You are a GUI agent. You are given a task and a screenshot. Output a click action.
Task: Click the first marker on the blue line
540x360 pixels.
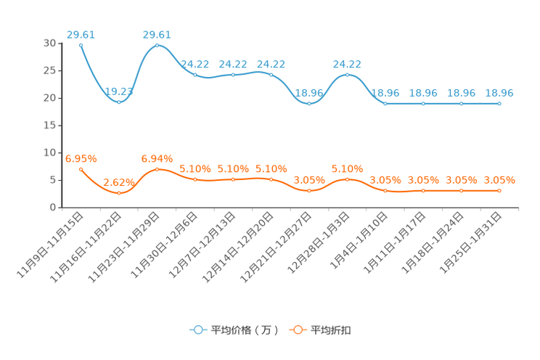point(81,45)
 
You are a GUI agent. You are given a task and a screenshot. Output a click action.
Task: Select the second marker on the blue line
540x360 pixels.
point(119,102)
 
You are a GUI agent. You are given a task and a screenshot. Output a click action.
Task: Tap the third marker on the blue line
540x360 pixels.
point(157,46)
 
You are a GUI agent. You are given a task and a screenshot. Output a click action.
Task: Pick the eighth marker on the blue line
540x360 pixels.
point(348,75)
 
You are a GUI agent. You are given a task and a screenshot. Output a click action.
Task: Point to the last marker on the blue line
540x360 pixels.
point(499,105)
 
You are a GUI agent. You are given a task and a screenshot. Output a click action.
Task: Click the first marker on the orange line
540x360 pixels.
point(81,168)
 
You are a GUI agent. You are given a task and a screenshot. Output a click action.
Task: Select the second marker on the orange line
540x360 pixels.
point(119,193)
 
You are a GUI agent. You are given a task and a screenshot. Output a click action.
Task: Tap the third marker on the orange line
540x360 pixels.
point(157,169)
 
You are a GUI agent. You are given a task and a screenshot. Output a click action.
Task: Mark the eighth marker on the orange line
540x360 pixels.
point(348,179)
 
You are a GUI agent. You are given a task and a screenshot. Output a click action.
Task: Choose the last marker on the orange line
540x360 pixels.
point(499,191)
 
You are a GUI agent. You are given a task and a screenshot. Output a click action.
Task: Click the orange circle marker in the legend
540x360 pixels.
point(298,330)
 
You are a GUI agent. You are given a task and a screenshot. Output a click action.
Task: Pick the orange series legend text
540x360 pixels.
point(332,330)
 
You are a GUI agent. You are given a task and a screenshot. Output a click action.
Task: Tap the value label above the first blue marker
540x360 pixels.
point(81,33)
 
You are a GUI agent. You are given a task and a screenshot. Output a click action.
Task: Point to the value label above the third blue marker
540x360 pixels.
point(157,34)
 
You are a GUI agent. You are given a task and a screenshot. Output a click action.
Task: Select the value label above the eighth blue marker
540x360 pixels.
point(348,64)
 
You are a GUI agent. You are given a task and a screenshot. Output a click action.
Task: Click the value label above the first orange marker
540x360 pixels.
point(81,158)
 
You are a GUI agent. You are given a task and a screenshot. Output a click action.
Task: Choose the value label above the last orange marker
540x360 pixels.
point(499,180)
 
